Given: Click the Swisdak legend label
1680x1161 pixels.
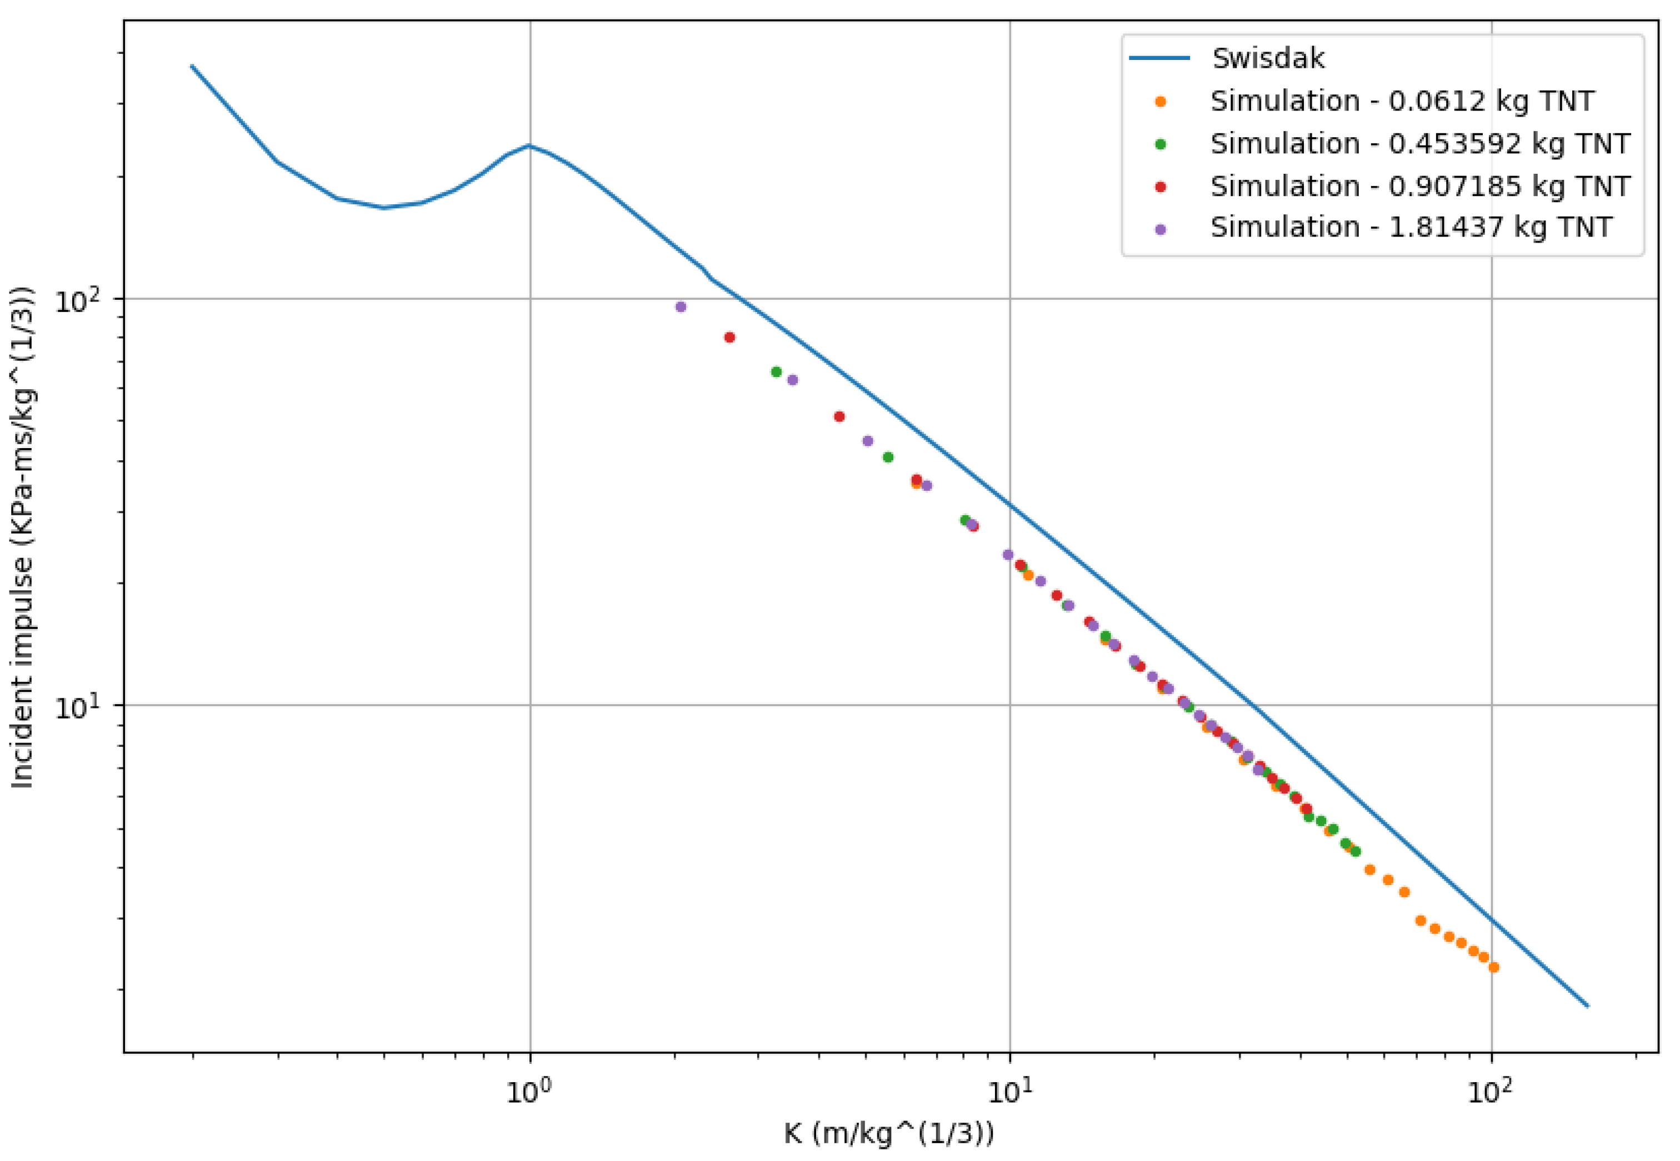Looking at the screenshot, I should tap(1268, 58).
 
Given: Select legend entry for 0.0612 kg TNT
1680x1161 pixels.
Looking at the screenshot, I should tap(1401, 101).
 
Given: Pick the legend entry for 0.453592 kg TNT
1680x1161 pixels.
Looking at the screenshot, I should tap(1419, 143).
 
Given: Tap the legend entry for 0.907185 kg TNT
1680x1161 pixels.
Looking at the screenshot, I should tap(1419, 186).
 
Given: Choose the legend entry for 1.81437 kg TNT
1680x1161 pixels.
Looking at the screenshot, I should tap(1411, 228).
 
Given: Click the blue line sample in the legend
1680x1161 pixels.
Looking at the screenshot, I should tap(1159, 58).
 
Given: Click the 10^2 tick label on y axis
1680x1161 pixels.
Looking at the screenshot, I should tap(80, 300).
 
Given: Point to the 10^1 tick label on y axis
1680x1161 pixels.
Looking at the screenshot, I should tap(80, 706).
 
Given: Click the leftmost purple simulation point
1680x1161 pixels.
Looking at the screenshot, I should tap(681, 307).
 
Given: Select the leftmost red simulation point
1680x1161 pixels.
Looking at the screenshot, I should tap(729, 338).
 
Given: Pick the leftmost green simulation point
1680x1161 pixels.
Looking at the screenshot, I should tap(776, 371).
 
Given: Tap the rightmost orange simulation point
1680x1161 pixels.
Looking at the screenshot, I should tap(1494, 967).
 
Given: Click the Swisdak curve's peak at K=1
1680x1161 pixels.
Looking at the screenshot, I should tap(530, 146).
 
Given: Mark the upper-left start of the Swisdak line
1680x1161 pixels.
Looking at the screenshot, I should tap(192, 66).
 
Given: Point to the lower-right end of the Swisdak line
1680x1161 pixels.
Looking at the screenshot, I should tap(1588, 1007).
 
